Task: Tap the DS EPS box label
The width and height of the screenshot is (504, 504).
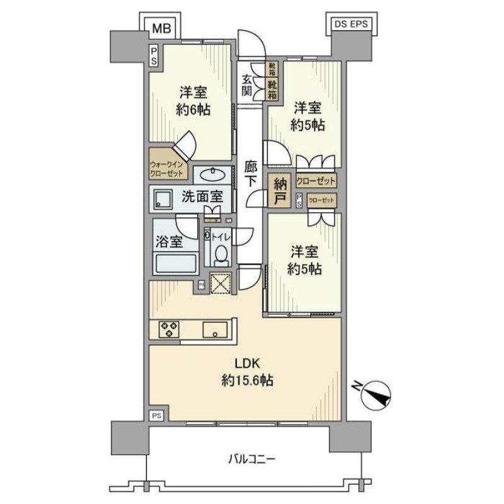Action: click(350, 26)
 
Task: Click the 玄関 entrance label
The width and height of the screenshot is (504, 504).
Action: click(248, 85)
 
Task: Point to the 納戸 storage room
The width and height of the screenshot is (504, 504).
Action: click(279, 191)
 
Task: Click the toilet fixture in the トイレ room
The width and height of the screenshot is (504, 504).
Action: click(220, 255)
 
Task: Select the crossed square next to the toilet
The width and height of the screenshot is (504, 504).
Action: click(221, 284)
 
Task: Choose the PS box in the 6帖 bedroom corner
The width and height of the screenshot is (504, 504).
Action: click(154, 55)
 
